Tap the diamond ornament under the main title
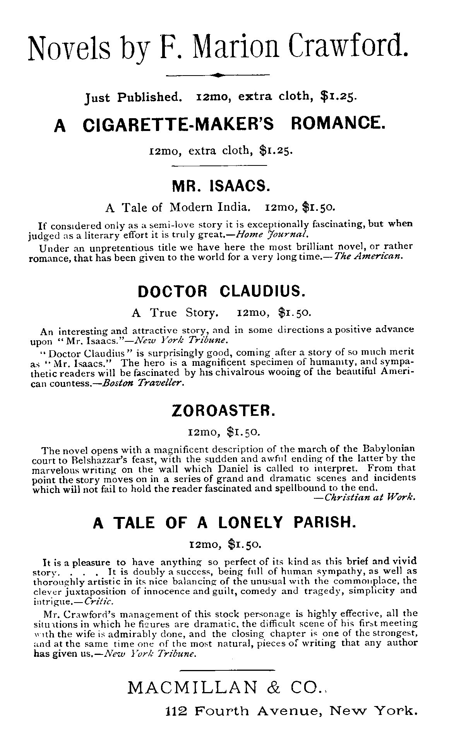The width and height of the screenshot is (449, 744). (x=218, y=75)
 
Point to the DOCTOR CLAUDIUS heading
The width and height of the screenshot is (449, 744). (x=221, y=291)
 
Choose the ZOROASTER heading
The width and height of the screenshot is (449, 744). (x=223, y=410)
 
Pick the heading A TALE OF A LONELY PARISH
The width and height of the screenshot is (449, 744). (x=224, y=523)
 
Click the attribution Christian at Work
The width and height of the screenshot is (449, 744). (x=370, y=498)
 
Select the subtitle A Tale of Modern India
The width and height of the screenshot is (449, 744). (x=177, y=207)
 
